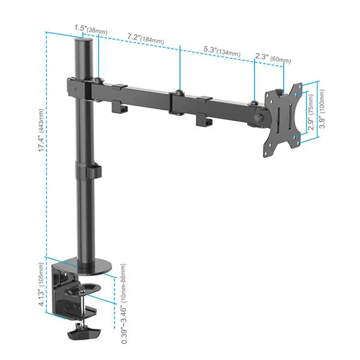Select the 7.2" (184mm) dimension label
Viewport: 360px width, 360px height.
point(145,39)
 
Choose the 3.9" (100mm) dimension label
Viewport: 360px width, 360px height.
point(323,111)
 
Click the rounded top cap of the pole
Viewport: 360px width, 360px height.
point(83,42)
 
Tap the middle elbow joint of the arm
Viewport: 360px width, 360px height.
point(177,102)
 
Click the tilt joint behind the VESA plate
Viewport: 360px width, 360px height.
point(258,114)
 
